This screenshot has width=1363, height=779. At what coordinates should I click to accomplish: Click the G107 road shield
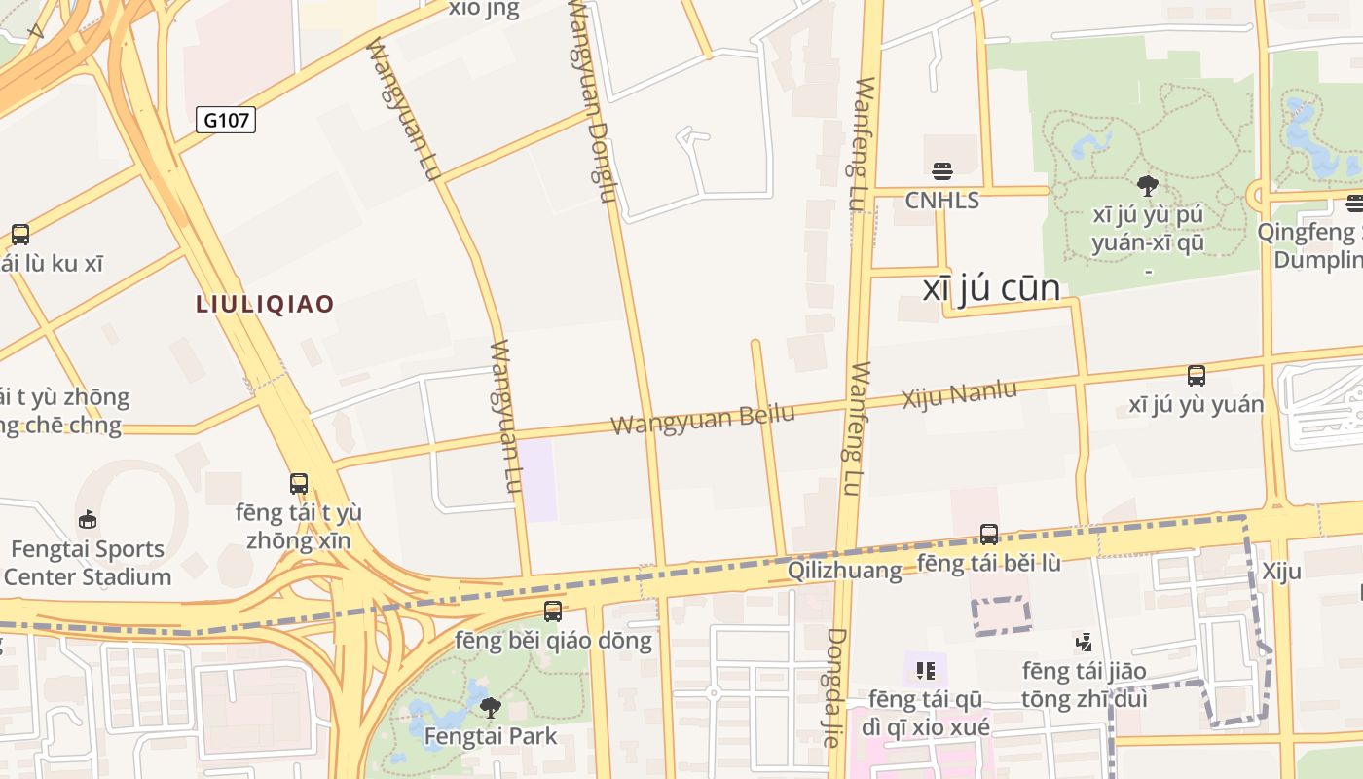click(x=226, y=120)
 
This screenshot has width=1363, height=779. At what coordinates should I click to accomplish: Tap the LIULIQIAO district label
click(x=265, y=304)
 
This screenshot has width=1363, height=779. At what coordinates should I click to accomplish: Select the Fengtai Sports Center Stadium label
click(x=88, y=563)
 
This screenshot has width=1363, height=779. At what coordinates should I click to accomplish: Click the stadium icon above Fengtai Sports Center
click(x=88, y=519)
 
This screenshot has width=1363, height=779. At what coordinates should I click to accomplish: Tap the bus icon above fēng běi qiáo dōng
click(x=552, y=611)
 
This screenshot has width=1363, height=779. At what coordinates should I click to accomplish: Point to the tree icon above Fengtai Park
click(x=491, y=706)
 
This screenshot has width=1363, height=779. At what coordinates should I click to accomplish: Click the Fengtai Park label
click(x=491, y=736)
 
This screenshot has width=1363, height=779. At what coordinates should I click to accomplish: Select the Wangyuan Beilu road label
click(x=702, y=419)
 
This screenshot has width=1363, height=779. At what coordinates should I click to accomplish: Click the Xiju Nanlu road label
click(x=959, y=395)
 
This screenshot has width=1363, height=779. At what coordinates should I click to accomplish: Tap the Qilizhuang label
click(x=844, y=571)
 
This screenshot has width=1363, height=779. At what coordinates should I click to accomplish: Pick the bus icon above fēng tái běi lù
click(x=988, y=534)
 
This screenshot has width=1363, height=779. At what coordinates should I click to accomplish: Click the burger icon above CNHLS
click(x=941, y=171)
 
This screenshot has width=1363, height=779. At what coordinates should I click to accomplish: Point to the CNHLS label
click(x=941, y=200)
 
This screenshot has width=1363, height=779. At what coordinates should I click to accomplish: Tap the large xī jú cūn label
click(x=990, y=288)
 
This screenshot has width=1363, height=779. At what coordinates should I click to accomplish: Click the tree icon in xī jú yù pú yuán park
click(x=1147, y=185)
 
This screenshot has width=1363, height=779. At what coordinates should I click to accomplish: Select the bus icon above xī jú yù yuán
click(x=1196, y=375)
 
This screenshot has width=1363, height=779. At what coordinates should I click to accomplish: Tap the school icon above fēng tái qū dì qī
click(x=925, y=670)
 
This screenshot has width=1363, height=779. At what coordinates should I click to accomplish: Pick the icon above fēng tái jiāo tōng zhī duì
click(x=1084, y=642)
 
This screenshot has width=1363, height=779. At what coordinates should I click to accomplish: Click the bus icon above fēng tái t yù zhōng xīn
click(x=298, y=483)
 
